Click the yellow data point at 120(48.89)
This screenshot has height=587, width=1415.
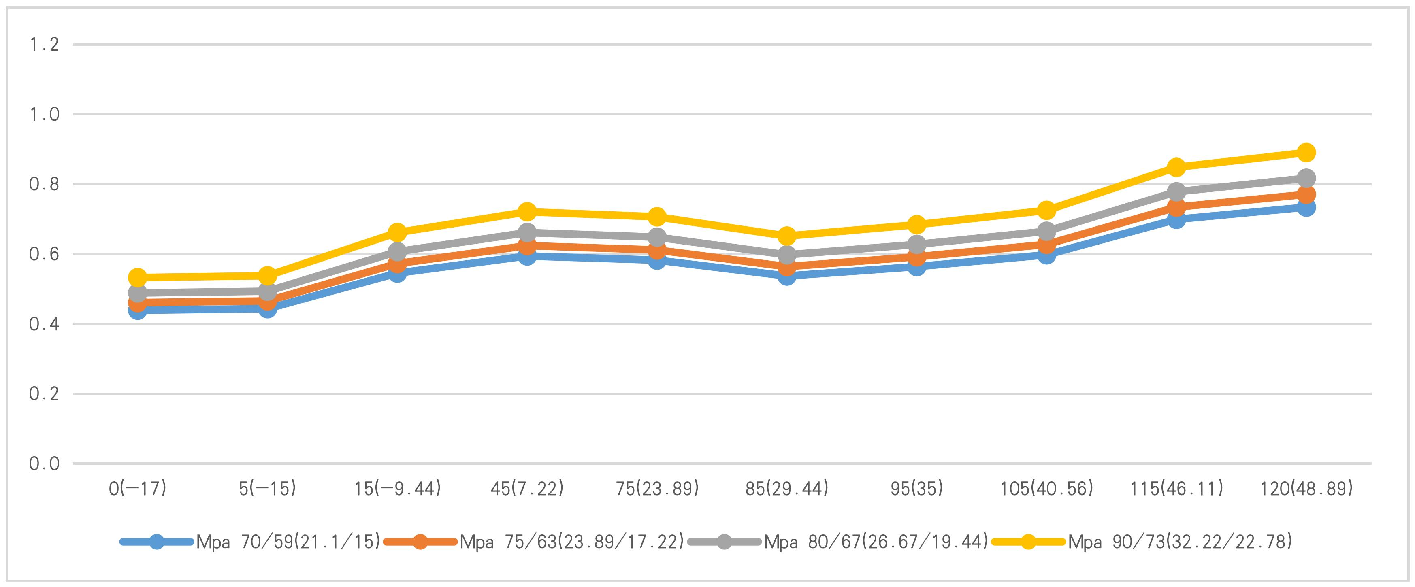1306,152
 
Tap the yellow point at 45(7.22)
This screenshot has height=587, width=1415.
527,211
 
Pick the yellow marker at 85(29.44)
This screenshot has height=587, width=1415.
786,236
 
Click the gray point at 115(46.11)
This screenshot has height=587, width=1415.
1176,191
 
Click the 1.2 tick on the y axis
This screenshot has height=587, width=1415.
44,45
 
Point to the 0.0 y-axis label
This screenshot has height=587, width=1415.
44,464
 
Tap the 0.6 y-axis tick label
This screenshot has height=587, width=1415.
44,254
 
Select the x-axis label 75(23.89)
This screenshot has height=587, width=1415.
657,488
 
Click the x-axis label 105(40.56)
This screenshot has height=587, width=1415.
1046,488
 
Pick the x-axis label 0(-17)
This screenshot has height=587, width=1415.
137,488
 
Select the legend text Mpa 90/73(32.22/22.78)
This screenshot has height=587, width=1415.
1180,542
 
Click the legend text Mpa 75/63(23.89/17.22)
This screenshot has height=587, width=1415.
572,542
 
